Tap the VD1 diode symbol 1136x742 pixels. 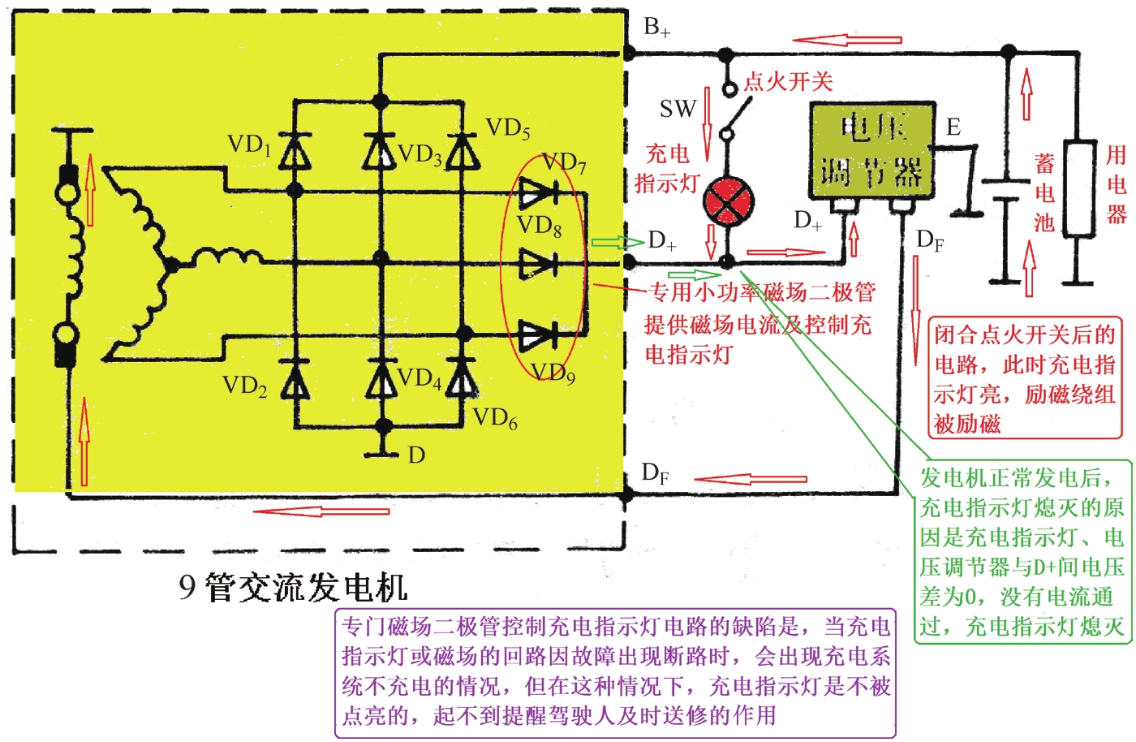[295, 153]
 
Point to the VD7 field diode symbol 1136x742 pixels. [538, 193]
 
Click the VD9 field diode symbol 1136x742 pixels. [538, 334]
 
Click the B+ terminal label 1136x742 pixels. [656, 28]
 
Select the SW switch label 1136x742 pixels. [678, 109]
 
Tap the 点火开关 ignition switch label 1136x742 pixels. [788, 81]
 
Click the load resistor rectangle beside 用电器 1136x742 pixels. [1078, 189]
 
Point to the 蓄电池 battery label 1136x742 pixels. [1044, 193]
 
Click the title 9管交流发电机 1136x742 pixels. [293, 587]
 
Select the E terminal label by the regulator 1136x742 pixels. [953, 127]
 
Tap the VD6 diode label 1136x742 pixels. [494, 419]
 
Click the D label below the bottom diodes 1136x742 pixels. [416, 455]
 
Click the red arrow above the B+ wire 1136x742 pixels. [847, 39]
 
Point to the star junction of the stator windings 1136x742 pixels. [170, 264]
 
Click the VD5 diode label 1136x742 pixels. [508, 128]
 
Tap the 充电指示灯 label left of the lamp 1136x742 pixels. [667, 168]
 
